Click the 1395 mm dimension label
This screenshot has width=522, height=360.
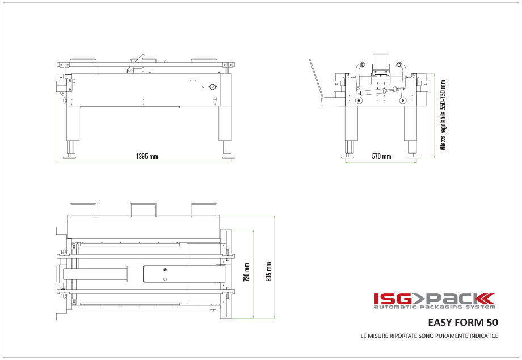coord(147,156)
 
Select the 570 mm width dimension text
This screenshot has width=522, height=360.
coord(381,156)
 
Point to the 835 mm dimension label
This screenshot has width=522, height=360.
coord(269,271)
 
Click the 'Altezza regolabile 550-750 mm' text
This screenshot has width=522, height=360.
coord(443,114)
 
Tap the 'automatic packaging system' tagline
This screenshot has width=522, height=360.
coord(434,307)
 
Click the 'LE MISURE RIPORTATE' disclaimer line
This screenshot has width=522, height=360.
coord(429,336)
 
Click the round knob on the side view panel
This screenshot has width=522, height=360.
coord(212,87)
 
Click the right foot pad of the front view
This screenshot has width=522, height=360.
coord(412,157)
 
